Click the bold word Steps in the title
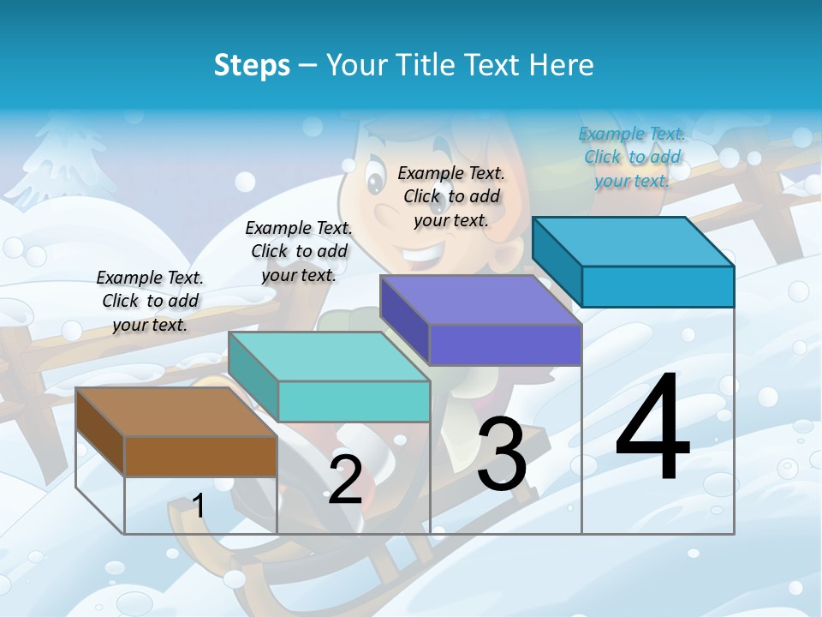point(252,65)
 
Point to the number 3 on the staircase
point(502,454)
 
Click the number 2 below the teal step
point(345,480)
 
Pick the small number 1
point(198,506)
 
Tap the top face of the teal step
point(330,356)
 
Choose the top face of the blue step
point(634,242)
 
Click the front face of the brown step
point(200,456)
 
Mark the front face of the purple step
point(505,344)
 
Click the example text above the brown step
point(150,301)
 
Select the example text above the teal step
point(299,251)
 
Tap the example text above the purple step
point(451,196)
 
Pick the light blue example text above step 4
point(632,157)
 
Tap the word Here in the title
point(562,65)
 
